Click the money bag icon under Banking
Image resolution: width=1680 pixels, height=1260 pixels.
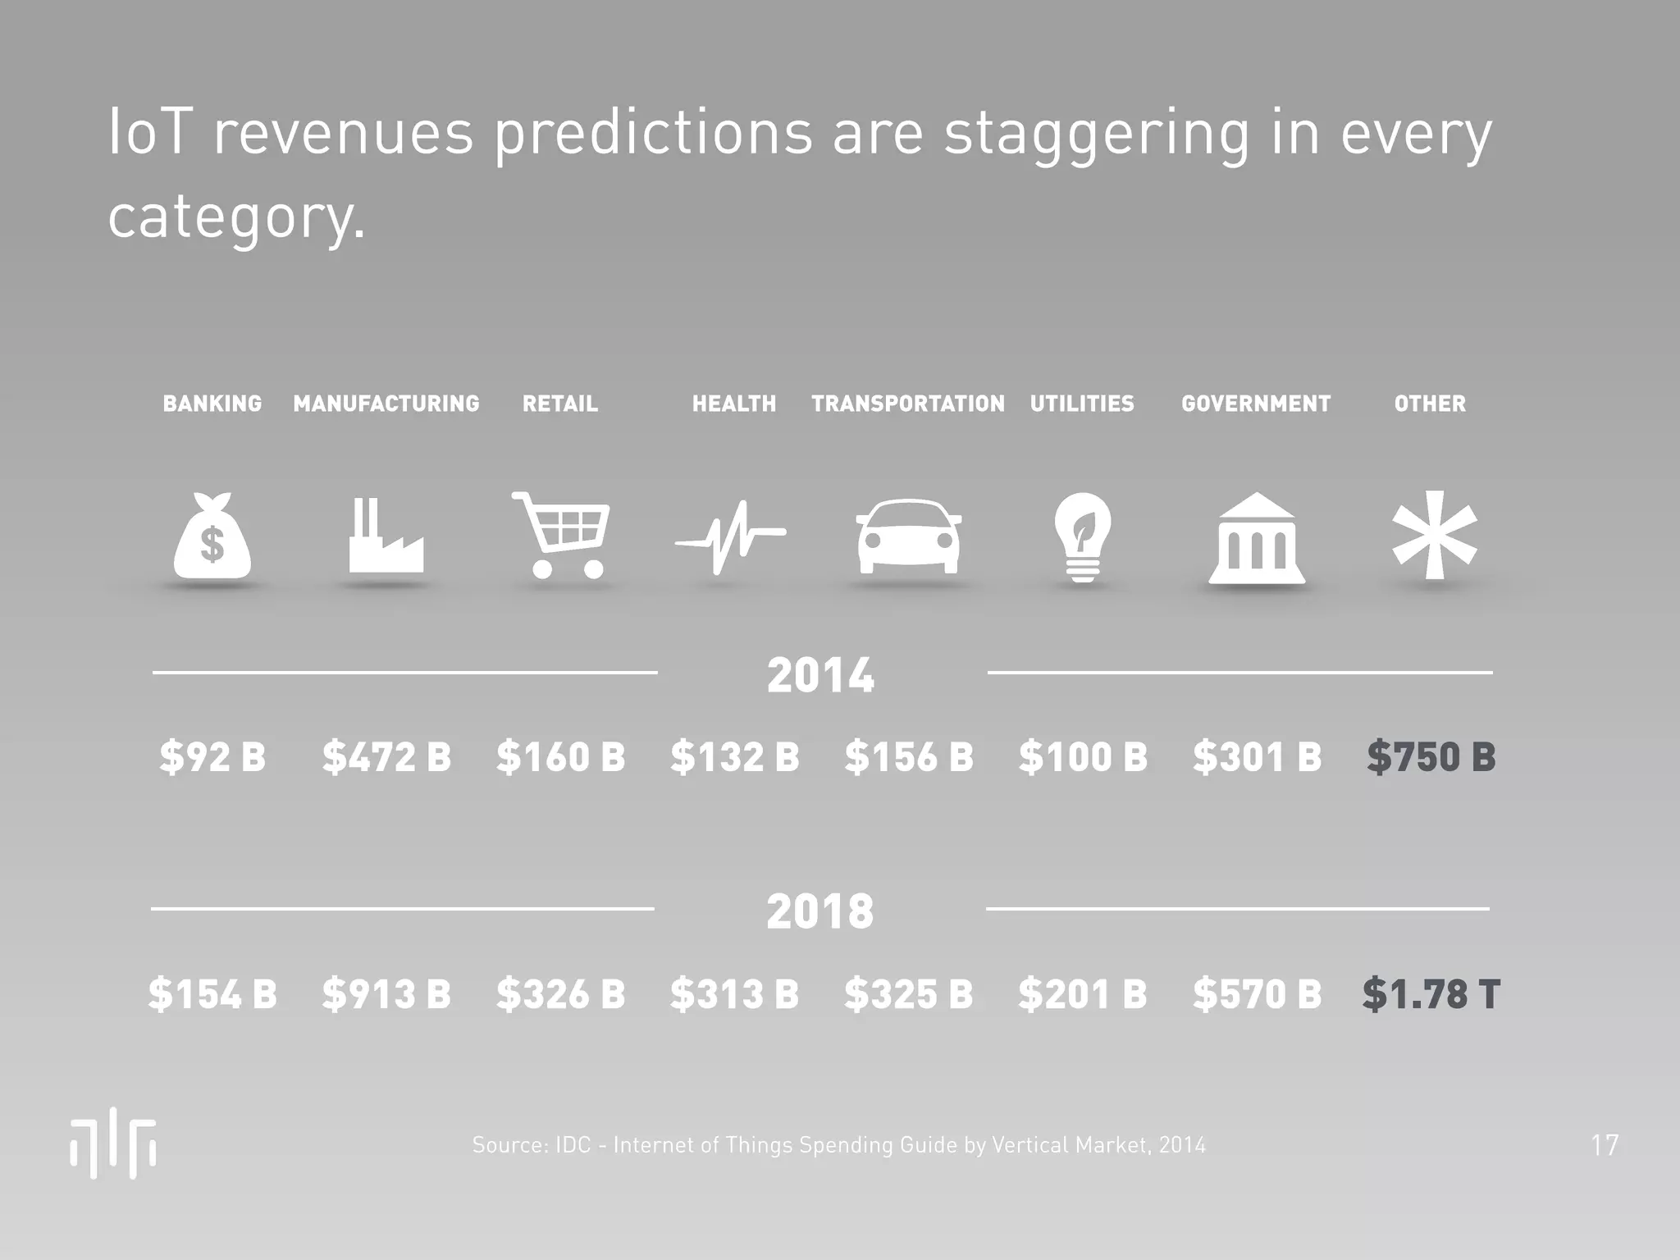click(x=212, y=537)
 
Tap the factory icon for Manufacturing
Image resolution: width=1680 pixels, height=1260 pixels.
click(x=386, y=537)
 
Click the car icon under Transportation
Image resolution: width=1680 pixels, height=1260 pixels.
click(x=908, y=537)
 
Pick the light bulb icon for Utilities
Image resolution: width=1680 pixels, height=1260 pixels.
click(x=1082, y=536)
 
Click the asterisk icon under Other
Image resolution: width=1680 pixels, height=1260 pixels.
click(x=1435, y=535)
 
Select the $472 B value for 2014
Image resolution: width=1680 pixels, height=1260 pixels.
click(x=386, y=756)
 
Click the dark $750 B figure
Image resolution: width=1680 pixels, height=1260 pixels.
click(x=1431, y=756)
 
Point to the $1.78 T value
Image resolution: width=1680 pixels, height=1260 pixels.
click(x=1431, y=993)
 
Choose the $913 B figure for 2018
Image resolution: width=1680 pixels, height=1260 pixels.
click(x=386, y=993)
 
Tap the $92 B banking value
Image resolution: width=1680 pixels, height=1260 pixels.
click(x=212, y=756)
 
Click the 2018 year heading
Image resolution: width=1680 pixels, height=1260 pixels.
click(x=820, y=911)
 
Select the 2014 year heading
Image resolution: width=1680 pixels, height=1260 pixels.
click(x=820, y=676)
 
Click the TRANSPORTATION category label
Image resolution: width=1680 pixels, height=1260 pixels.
click(x=908, y=404)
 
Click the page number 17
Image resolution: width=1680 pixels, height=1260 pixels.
click(x=1605, y=1145)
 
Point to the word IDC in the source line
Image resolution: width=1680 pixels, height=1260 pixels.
click(x=573, y=1145)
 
